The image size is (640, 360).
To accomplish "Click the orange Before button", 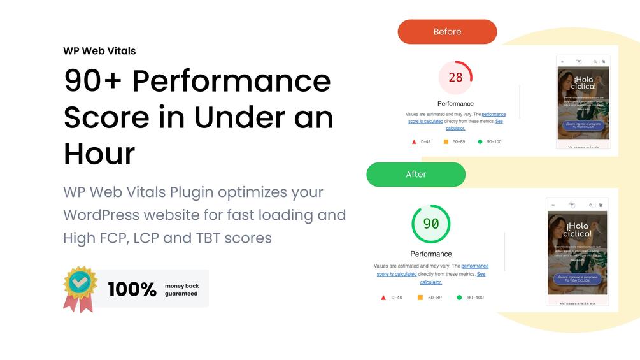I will click(447, 32).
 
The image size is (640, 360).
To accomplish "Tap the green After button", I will click(416, 175).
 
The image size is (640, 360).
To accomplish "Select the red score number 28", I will click(455, 78).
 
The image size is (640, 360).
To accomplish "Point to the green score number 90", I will click(431, 224).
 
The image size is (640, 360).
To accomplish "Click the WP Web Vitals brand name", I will click(99, 51).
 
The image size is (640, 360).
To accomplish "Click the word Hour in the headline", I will click(99, 154).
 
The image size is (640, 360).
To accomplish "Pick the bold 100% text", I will click(132, 289).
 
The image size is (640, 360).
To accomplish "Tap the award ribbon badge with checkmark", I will click(80, 288).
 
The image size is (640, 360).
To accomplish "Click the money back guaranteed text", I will click(181, 290).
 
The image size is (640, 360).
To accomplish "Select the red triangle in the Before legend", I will click(414, 141).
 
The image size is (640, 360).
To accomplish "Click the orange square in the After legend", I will click(420, 298).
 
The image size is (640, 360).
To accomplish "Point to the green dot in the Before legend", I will click(480, 141).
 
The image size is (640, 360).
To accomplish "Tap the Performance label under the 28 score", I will click(455, 104).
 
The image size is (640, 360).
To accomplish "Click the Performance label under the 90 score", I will click(431, 254).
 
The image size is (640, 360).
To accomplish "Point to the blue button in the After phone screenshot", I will click(578, 278).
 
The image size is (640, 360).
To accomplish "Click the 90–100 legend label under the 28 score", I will click(494, 141).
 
